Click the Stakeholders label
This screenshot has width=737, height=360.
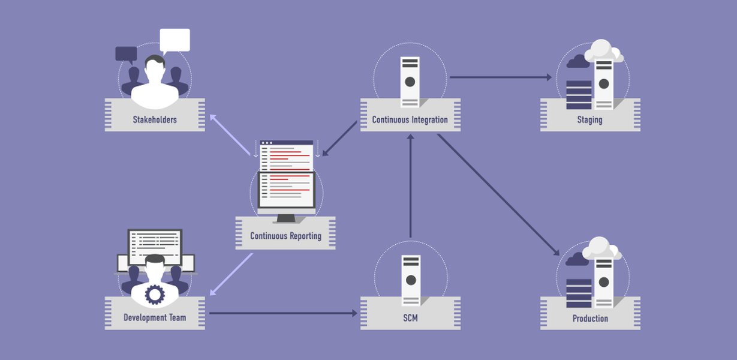[155, 119]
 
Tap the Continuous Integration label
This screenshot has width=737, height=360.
[410, 119]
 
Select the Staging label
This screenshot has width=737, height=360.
[589, 119]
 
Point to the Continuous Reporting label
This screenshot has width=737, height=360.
[285, 236]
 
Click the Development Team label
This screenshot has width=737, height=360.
[155, 317]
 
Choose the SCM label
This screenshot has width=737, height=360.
[410, 318]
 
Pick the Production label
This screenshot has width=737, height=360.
[590, 318]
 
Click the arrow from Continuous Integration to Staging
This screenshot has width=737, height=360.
[501, 77]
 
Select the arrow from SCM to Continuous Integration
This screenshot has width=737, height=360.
[410, 185]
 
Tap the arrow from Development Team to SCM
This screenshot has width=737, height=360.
[283, 313]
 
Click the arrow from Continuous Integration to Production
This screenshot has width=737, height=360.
[498, 195]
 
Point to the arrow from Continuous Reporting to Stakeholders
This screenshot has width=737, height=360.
[230, 134]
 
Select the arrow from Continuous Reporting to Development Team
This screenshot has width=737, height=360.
[231, 274]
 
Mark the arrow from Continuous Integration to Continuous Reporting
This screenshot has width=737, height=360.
[339, 139]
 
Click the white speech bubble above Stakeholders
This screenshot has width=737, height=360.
[175, 41]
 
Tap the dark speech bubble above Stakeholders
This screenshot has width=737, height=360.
[127, 54]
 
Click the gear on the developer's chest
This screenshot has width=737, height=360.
[155, 295]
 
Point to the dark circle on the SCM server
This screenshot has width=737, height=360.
[411, 280]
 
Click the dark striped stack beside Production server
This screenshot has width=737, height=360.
[579, 293]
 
